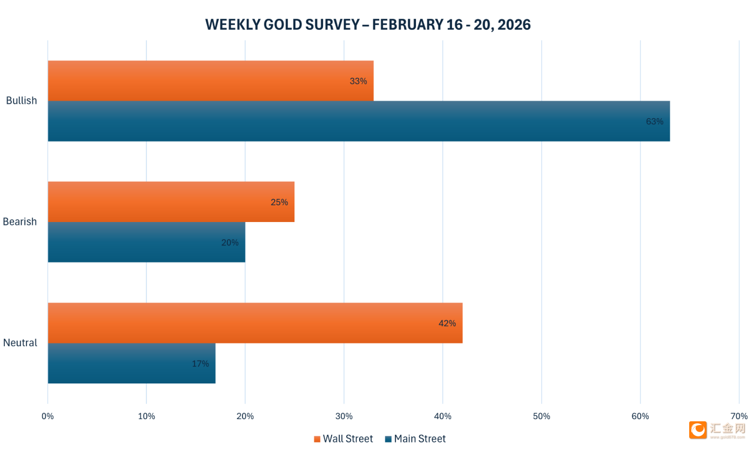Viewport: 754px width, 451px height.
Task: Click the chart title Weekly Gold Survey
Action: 368,25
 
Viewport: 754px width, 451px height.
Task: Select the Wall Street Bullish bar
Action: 211,81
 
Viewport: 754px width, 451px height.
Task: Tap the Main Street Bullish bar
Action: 359,122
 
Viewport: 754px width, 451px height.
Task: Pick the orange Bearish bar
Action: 171,202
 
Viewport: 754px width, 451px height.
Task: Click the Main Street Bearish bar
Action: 146,243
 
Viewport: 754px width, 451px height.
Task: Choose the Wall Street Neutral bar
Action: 255,323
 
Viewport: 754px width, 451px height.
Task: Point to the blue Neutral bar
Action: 131,364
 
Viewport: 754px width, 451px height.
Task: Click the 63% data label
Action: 654,122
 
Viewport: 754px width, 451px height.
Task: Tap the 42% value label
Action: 447,323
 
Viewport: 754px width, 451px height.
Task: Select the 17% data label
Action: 200,364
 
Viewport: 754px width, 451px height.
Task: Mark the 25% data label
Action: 279,202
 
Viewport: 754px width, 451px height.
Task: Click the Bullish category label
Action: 22,100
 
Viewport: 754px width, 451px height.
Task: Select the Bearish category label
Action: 20,221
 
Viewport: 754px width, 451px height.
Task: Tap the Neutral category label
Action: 20,343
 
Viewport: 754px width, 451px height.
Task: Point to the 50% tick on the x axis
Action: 541,416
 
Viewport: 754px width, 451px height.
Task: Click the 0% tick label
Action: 48,416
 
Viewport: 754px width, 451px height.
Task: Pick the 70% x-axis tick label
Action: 739,416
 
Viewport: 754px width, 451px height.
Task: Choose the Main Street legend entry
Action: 415,439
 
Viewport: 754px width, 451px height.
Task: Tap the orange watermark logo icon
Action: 698,430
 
